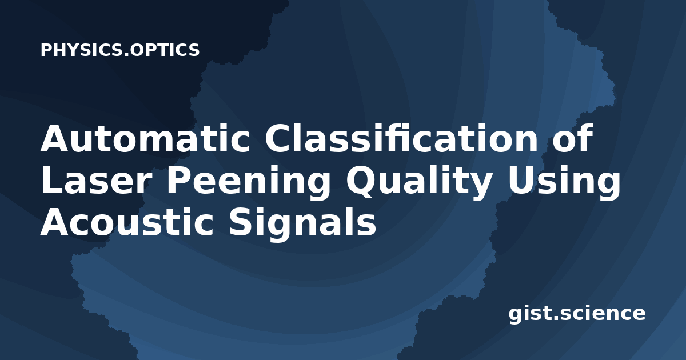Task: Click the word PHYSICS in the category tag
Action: pos(82,50)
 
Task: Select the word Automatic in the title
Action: pos(145,138)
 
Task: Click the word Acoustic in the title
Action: pos(127,222)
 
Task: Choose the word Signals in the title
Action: pos(302,223)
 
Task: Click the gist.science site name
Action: pos(577,314)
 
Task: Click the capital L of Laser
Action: pos(51,180)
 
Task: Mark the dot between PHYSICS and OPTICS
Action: pos(126,54)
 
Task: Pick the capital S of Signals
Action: pos(241,222)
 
